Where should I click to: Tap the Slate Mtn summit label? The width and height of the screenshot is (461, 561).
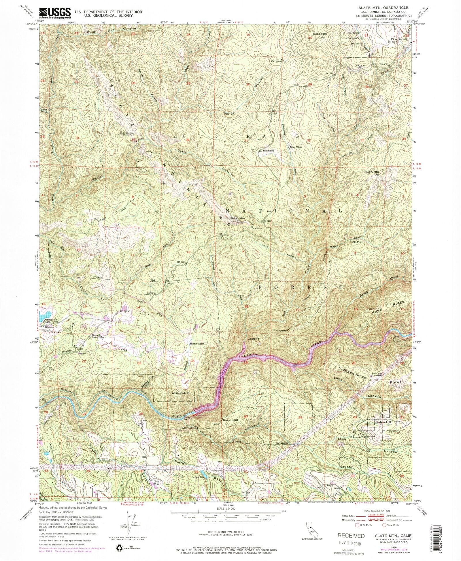pyautogui.click(x=237, y=218)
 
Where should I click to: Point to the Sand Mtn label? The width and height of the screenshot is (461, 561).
pyautogui.click(x=320, y=34)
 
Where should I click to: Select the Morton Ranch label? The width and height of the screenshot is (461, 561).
pyautogui.click(x=197, y=343)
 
